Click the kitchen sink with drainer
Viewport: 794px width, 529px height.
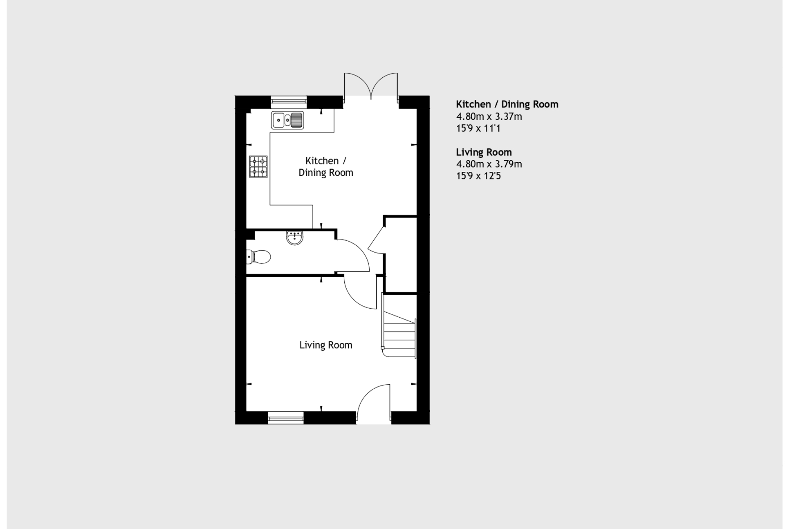pos(287,120)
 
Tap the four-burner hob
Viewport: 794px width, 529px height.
pos(258,166)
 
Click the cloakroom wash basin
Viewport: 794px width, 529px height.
pos(294,238)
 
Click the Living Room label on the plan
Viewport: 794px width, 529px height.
pos(325,345)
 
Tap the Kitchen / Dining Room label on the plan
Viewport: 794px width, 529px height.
pos(325,166)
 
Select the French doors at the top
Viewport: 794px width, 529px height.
pos(371,87)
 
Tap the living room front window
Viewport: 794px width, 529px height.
pos(286,417)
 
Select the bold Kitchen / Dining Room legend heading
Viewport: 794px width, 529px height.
pos(507,104)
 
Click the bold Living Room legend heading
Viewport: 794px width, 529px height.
pos(484,152)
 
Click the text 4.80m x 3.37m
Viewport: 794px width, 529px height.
pos(489,117)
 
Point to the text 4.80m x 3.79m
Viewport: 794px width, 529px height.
pos(489,164)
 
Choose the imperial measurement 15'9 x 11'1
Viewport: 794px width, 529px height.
pos(478,128)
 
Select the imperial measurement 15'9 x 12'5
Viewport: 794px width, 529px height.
pos(478,176)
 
